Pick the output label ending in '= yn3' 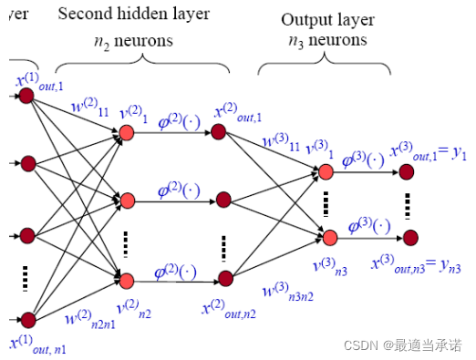point(410,264)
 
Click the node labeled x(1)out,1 point(26,96)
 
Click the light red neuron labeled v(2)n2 point(127,280)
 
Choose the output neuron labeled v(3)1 point(326,172)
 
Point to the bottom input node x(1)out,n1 point(27,319)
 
